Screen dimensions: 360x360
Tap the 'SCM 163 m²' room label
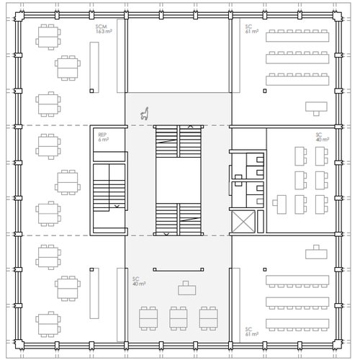105,30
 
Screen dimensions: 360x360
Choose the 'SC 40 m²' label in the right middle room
322,137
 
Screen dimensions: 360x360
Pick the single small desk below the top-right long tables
315,107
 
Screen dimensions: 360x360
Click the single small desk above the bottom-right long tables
315,253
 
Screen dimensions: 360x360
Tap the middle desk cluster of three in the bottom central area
179,318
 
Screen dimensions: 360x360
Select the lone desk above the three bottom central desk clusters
189,287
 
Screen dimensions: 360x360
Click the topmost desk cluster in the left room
48,35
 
